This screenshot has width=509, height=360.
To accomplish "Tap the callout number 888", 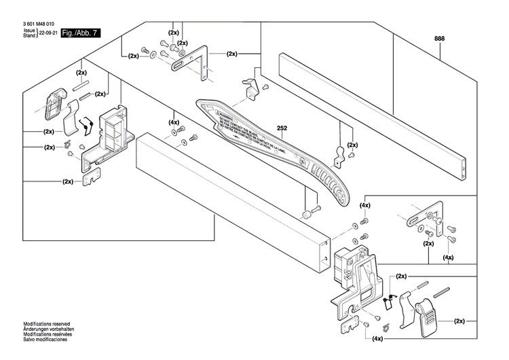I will click(x=440, y=39).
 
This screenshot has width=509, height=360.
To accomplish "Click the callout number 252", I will click(x=283, y=127).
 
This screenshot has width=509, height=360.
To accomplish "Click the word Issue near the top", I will click(x=29, y=31).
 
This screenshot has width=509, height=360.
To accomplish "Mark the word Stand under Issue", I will click(x=29, y=35).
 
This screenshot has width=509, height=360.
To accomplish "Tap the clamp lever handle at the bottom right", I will click(x=428, y=319).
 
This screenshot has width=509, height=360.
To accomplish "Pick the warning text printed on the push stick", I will click(x=254, y=135).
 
